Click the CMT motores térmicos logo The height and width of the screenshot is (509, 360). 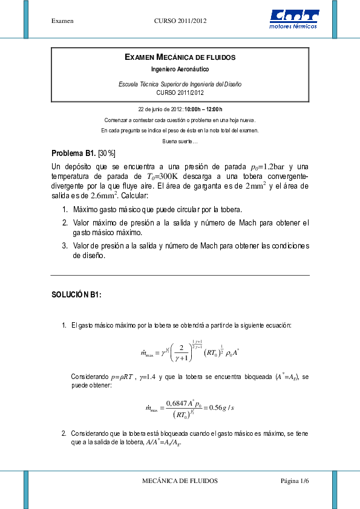[294, 19]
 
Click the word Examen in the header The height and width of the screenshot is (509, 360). [62, 21]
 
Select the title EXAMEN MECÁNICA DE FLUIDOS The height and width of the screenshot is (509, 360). [180, 57]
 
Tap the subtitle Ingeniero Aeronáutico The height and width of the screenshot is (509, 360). [180, 70]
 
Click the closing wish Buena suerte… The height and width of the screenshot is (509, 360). [180, 141]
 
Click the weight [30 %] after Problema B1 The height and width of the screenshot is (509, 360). [106, 153]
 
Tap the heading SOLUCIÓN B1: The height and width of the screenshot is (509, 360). [76, 294]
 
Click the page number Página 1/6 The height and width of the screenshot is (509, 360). [295, 481]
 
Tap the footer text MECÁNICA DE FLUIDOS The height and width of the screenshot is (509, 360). [180, 481]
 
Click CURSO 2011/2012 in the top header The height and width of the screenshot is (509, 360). [181, 21]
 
